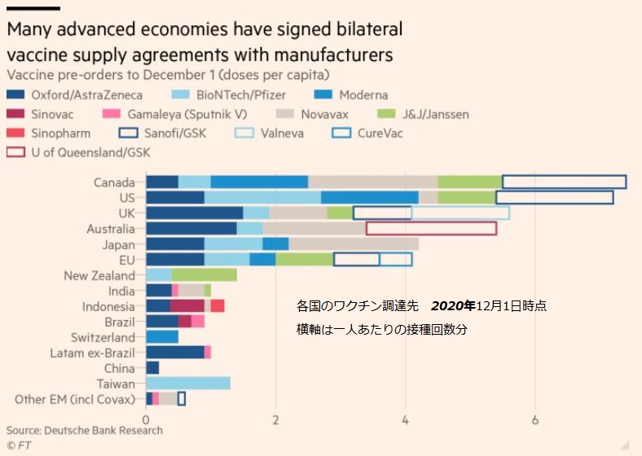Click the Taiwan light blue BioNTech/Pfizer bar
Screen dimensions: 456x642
(x=187, y=384)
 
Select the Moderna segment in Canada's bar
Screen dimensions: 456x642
(x=259, y=182)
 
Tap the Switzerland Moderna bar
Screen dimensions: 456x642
(x=162, y=337)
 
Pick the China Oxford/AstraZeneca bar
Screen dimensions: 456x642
(x=152, y=368)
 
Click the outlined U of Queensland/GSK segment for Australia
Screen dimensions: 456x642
(x=431, y=229)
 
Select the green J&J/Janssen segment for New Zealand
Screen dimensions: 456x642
(x=204, y=275)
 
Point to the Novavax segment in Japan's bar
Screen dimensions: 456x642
(x=354, y=244)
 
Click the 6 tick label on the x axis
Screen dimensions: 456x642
(x=535, y=420)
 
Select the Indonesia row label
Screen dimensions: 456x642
(x=108, y=307)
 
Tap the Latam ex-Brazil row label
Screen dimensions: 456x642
(x=92, y=353)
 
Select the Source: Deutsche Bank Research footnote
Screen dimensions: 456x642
(x=85, y=431)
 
